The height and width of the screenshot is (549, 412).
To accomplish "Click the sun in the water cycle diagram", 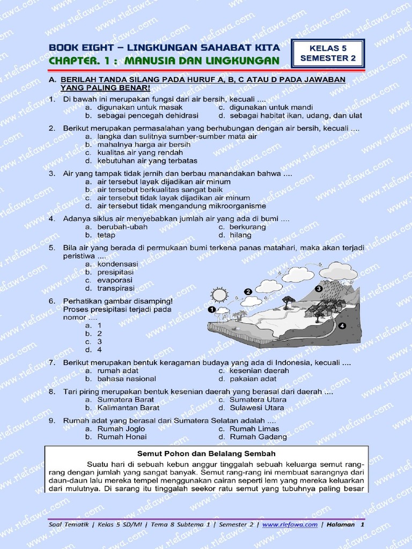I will point(219,294).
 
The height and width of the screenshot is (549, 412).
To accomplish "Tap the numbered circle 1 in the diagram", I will point(211,309).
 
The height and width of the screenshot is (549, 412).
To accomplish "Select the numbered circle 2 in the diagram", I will point(248,291).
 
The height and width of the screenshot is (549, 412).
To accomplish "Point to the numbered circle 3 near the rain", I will point(318,288).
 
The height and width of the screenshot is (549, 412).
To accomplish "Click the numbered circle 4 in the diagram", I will point(342,325).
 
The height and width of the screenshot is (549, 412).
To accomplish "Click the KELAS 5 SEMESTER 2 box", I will point(328,54).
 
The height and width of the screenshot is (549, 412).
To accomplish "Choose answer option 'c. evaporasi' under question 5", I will point(112,280).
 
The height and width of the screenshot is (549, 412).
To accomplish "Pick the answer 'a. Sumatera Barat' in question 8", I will point(120,399).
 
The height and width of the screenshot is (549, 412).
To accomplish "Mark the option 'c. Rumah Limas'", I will point(248,428).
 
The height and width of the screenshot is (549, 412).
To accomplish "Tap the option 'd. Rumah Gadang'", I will point(252,436).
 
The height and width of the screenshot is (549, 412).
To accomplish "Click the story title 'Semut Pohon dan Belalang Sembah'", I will point(206,454).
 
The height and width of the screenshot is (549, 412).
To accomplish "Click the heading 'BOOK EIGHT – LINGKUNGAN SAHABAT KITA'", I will point(163,48).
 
